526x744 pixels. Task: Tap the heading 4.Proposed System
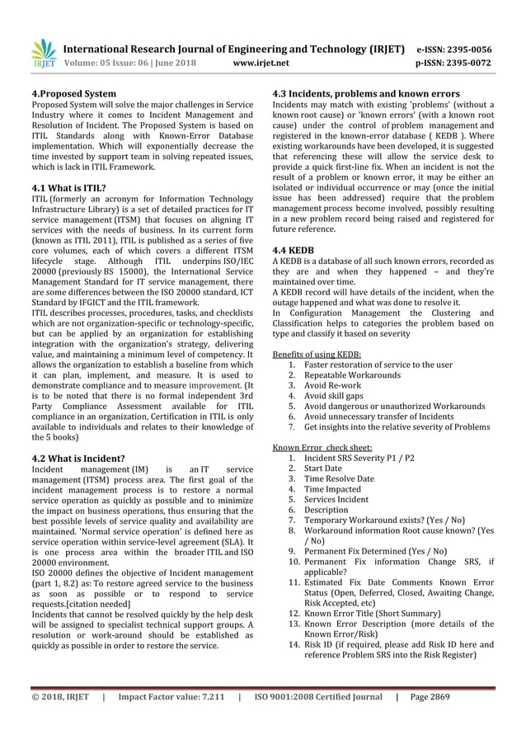pos(73,94)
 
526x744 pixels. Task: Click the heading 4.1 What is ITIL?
pos(68,187)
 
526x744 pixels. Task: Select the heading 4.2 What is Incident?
pos(77,458)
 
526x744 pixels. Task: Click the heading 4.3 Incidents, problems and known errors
pos(366,94)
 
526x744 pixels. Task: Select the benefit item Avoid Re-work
pos(332,385)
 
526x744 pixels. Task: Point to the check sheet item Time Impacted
pos(333,489)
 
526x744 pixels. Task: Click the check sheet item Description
pos(327,510)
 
